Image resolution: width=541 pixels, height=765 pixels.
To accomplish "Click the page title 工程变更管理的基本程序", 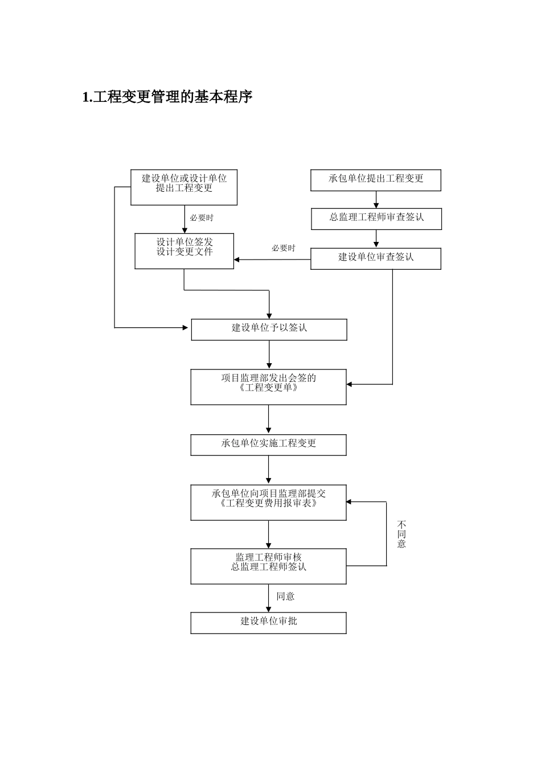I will point(167,97).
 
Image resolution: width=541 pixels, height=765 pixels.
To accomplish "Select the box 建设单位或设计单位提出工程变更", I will point(184,187).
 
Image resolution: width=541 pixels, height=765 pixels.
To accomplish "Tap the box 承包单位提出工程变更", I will point(376,179).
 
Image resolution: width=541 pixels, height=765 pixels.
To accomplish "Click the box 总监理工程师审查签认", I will point(376,218).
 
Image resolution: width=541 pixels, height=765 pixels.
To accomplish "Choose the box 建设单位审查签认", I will point(376,258).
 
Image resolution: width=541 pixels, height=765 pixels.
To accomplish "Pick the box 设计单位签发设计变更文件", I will point(184,251).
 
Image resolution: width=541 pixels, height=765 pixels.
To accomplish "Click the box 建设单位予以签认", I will point(269,329).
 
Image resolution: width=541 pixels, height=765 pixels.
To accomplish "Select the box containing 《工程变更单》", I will point(268,387).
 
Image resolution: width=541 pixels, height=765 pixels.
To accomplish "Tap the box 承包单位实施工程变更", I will point(268,445).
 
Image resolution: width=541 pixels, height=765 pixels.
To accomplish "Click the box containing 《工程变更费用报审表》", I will point(268,502).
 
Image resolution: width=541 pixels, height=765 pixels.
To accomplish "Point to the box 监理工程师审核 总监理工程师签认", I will point(268,566).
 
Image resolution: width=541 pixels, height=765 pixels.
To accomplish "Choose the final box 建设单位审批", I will point(268,622).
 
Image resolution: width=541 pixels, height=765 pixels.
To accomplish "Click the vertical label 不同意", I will point(401,534).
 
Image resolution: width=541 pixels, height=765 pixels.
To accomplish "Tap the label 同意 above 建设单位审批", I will point(285,597).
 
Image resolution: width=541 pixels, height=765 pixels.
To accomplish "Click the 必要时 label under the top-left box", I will point(202,218).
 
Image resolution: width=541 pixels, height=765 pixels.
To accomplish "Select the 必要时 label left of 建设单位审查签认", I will point(283,248).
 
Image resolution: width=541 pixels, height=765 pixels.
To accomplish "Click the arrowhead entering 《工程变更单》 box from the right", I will point(350,384).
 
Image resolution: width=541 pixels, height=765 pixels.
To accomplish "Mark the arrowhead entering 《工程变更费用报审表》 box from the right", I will point(350,502).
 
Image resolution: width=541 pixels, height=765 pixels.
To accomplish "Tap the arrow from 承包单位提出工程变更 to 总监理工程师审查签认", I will point(376,200).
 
